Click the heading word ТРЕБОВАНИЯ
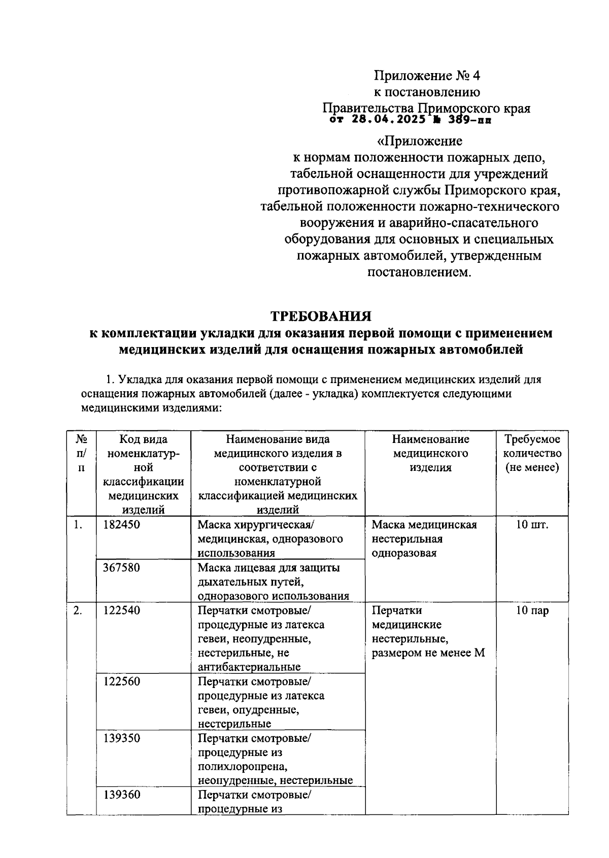[x=321, y=316]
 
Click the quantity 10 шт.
[x=532, y=525]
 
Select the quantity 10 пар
[x=532, y=610]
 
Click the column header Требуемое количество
[x=532, y=453]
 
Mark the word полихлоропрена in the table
[x=241, y=766]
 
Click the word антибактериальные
[x=249, y=667]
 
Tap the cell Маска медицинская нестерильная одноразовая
[x=424, y=539]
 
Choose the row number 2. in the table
[x=78, y=610]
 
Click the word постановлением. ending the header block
[x=419, y=272]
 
